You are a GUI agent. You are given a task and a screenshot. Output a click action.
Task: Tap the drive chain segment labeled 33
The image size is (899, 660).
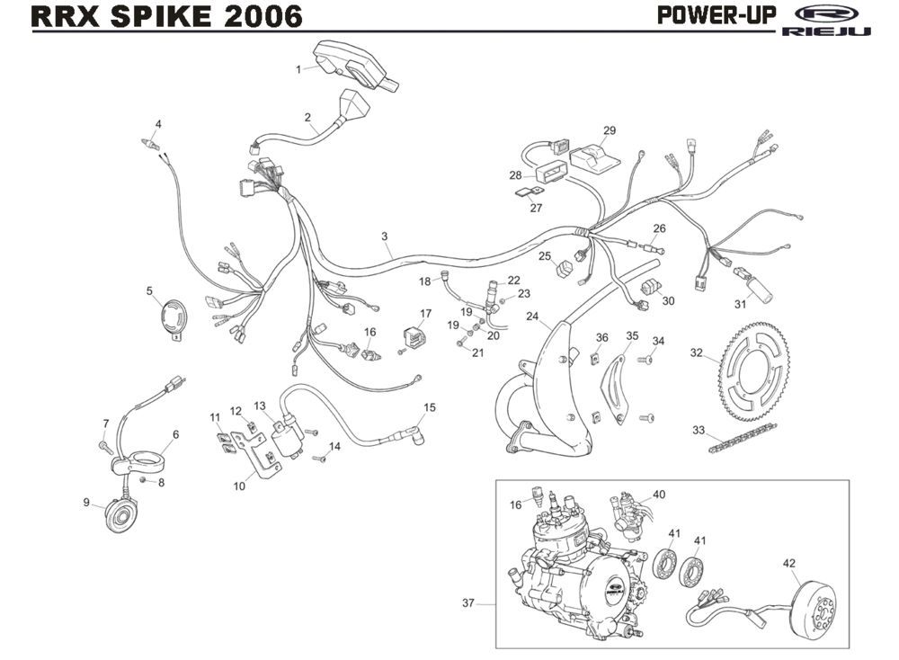(755, 441)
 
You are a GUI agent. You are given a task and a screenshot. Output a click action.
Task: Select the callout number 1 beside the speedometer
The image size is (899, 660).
(298, 68)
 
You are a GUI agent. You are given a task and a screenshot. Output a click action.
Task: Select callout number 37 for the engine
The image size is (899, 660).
(467, 603)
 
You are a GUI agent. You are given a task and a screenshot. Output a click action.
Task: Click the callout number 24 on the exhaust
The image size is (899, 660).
(532, 317)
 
